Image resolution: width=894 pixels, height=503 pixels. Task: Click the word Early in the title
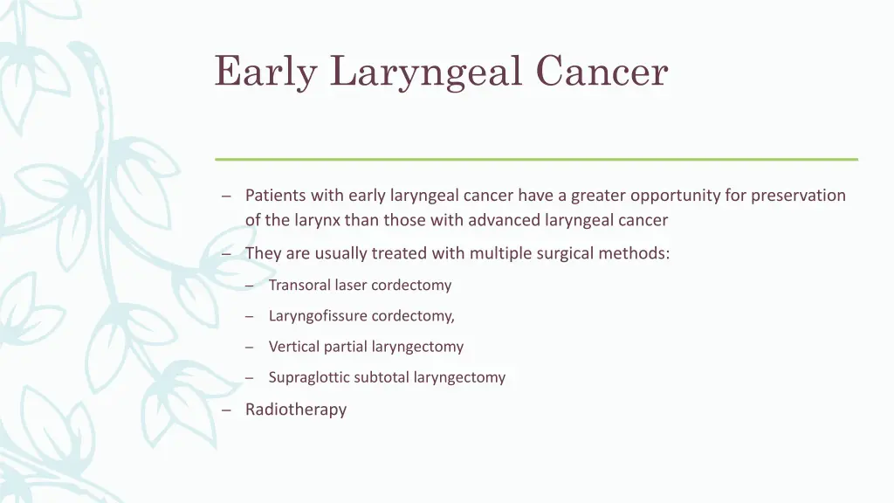265,72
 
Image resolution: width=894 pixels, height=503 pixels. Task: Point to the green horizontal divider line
536,159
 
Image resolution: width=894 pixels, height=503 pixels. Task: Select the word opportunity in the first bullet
675,196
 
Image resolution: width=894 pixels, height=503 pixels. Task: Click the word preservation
798,196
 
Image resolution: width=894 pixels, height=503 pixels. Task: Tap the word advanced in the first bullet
504,220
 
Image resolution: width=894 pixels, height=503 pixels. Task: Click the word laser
352,285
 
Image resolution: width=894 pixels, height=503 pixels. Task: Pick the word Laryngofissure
318,316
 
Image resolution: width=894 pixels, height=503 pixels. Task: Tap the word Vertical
294,347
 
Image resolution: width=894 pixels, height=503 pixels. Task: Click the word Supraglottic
309,377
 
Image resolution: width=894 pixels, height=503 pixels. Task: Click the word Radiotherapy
296,410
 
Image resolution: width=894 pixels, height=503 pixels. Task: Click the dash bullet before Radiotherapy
226,410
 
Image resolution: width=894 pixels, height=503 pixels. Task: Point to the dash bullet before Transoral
249,286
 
